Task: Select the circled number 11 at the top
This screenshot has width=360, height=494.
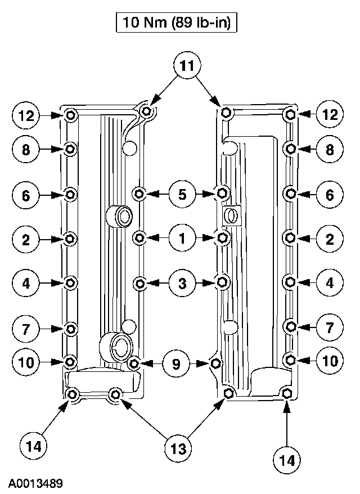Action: tap(186, 66)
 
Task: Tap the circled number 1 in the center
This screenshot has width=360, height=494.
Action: tap(182, 239)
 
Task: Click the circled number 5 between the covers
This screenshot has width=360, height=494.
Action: tap(182, 195)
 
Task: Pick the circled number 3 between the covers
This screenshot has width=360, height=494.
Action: tap(182, 284)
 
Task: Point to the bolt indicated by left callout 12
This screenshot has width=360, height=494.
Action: tap(70, 115)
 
